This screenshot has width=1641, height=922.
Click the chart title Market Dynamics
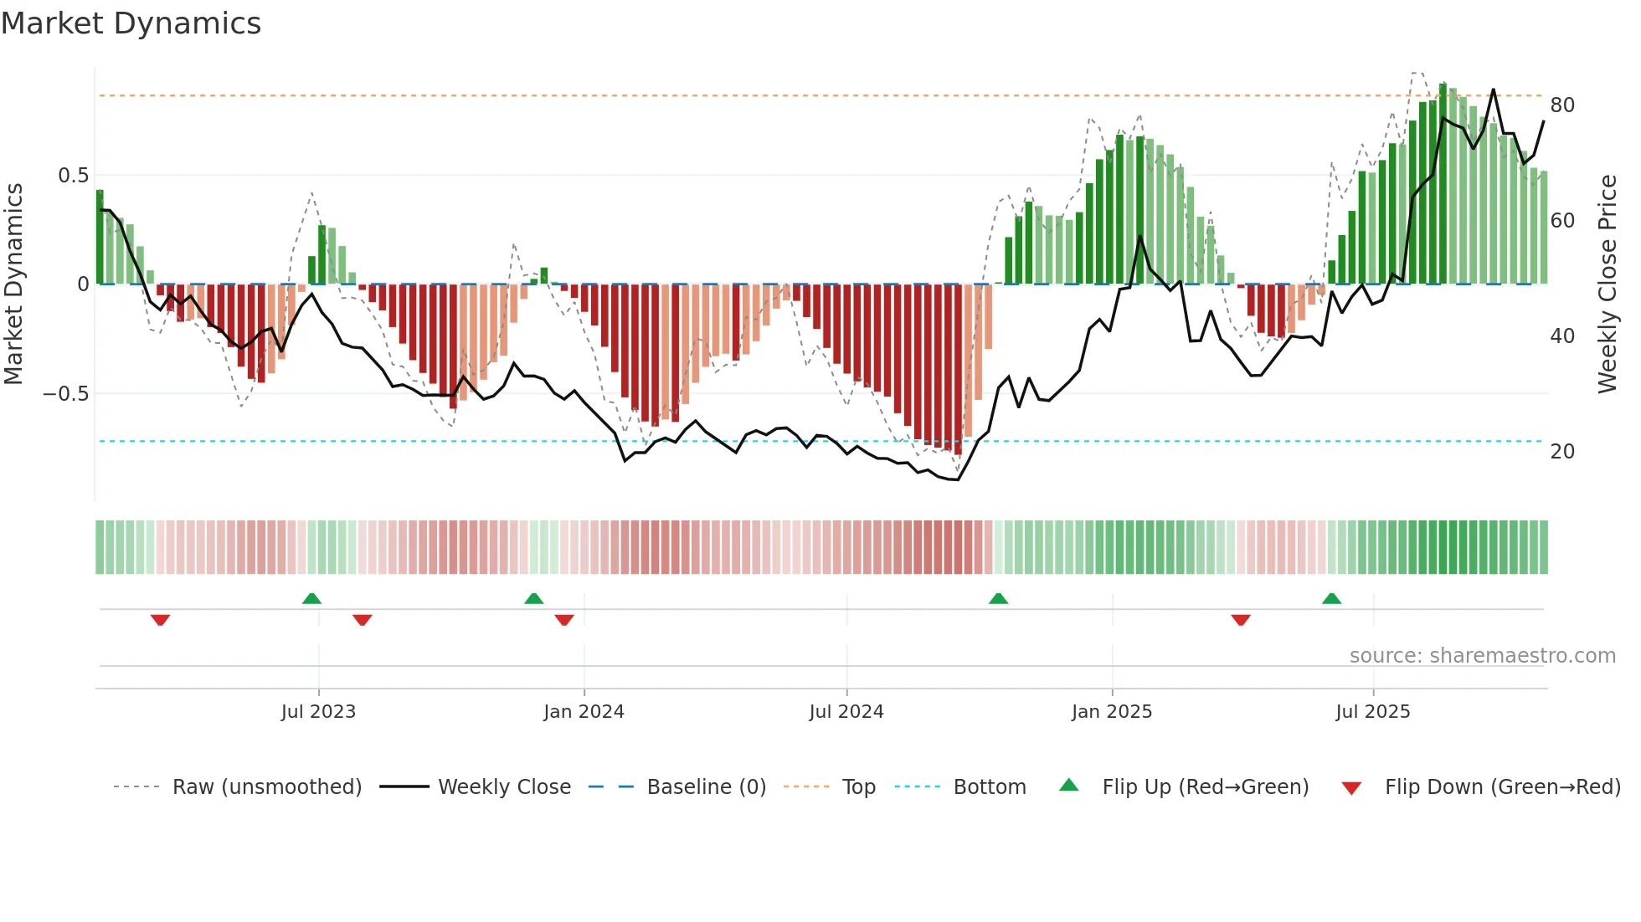click(131, 23)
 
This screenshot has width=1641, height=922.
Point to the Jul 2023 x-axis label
click(318, 712)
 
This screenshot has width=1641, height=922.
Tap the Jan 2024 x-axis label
click(584, 712)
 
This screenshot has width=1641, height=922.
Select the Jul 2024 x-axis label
click(846, 712)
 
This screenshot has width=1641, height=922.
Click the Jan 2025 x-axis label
click(1112, 712)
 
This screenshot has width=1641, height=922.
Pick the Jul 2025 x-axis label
click(1373, 712)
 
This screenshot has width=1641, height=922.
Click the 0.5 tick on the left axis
click(73, 176)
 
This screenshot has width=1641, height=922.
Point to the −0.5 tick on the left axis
click(66, 394)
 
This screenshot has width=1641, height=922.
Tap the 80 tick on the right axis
click(1562, 105)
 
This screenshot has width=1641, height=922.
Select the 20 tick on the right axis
click(1562, 452)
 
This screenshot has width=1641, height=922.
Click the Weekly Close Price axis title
click(1608, 284)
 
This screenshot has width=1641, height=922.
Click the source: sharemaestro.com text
click(1482, 656)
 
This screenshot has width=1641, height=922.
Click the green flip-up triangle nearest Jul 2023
click(311, 598)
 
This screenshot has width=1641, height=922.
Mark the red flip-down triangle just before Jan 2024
click(564, 620)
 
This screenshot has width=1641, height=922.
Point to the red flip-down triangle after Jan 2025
click(1241, 620)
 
